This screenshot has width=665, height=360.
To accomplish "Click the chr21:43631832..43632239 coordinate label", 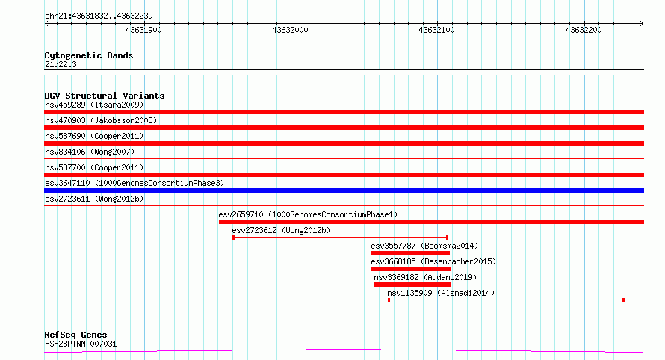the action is [x=99, y=16].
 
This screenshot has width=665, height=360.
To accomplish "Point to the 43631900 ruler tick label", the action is [x=143, y=30].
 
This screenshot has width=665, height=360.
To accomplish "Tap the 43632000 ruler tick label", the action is [x=290, y=30].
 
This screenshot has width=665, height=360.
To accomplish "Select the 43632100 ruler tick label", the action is [x=436, y=30].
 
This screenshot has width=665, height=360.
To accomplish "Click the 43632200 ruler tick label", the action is [x=584, y=30].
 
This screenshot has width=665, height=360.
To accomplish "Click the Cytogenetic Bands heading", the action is [x=89, y=55].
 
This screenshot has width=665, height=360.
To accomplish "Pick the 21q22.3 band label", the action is [x=61, y=64].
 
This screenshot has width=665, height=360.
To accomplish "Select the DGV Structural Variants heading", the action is [x=105, y=96].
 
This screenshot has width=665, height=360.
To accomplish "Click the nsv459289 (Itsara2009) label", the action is [x=94, y=105].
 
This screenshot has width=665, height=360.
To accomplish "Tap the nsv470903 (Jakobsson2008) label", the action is [x=101, y=120].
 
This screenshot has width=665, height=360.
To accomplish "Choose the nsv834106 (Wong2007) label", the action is [x=90, y=152].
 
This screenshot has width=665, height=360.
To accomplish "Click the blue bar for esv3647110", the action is [x=344, y=190].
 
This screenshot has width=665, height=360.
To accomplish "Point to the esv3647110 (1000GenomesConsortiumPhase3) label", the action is [x=134, y=183].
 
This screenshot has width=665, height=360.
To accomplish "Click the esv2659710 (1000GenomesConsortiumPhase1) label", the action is [x=308, y=214].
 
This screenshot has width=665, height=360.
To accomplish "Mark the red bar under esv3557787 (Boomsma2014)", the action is [x=410, y=253].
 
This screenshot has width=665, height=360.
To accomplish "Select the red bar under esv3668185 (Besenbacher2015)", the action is [x=411, y=269].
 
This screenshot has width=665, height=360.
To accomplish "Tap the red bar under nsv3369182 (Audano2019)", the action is [x=412, y=285].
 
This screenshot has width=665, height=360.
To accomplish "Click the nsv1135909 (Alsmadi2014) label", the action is [x=441, y=293].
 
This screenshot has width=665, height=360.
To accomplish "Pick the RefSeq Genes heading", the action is [x=75, y=335].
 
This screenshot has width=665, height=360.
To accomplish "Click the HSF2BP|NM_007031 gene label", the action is [x=81, y=344].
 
